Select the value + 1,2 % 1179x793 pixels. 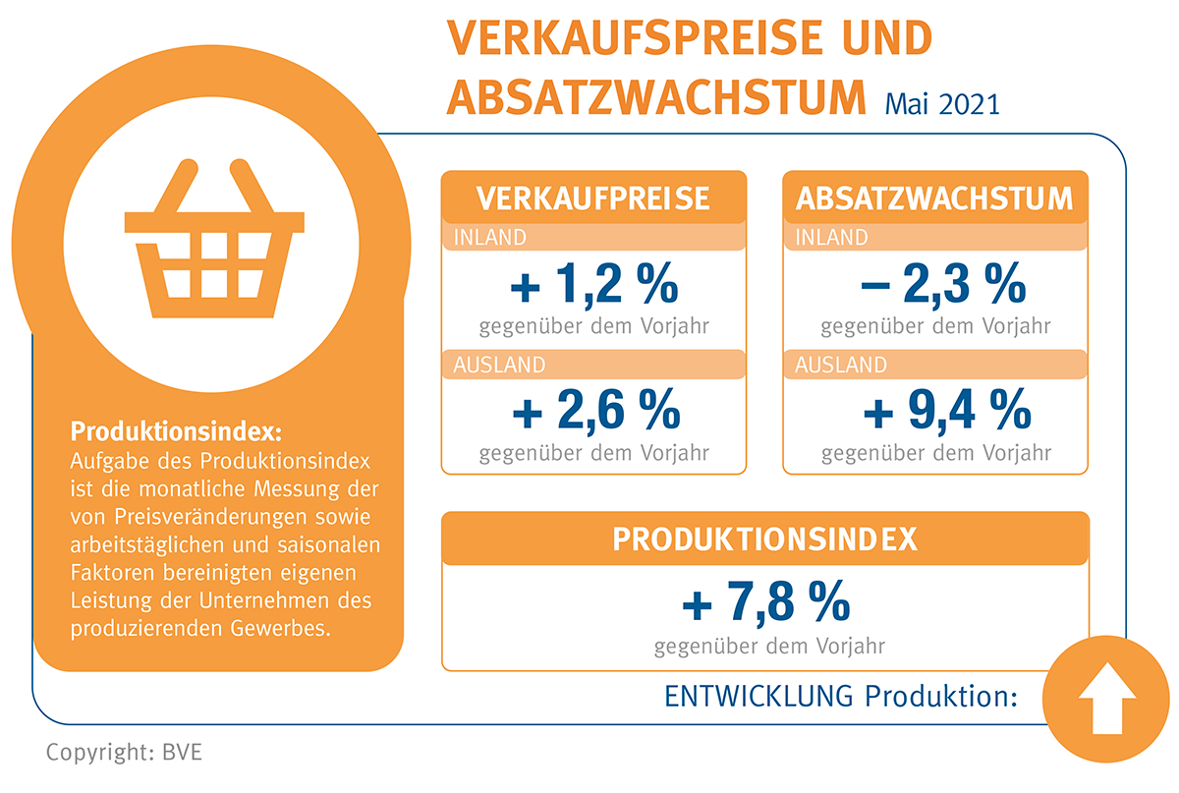[x=593, y=287]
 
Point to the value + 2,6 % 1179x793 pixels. [x=593, y=411]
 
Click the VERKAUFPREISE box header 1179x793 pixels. [x=593, y=198]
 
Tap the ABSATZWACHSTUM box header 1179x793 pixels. [x=934, y=198]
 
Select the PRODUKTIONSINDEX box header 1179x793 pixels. [x=765, y=538]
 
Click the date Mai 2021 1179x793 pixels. [x=941, y=103]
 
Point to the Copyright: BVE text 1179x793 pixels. [x=124, y=754]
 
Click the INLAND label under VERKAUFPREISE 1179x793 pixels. [x=490, y=238]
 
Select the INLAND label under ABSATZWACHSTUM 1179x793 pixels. [x=832, y=238]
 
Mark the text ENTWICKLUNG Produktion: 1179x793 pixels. [x=840, y=696]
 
